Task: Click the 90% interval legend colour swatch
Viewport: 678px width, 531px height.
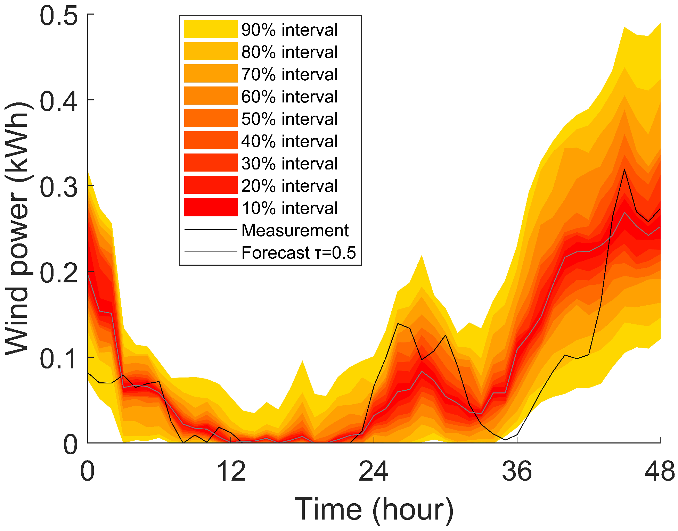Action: [x=211, y=29]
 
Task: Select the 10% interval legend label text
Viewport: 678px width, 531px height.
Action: [x=289, y=208]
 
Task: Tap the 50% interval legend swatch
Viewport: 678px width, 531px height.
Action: [x=211, y=118]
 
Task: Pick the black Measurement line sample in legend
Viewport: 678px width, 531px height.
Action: [x=211, y=230]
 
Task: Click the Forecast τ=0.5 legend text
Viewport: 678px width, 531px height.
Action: [x=299, y=252]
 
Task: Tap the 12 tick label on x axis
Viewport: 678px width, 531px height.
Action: [x=231, y=472]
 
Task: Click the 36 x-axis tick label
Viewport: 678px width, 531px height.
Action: [x=517, y=472]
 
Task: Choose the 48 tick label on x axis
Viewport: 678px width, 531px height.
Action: [x=659, y=472]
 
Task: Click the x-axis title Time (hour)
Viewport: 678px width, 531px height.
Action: [x=374, y=509]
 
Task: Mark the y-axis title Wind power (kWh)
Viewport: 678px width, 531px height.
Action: [x=17, y=229]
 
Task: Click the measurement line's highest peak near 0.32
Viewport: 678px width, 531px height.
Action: [x=624, y=169]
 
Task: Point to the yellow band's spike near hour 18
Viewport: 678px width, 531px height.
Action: [x=302, y=361]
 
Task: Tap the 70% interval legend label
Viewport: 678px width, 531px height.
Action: [x=289, y=74]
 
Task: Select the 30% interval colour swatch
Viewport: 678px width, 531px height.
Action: [x=211, y=163]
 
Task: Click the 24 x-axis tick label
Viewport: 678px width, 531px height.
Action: [x=374, y=472]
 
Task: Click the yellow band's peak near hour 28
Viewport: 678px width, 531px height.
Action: [x=422, y=256]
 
